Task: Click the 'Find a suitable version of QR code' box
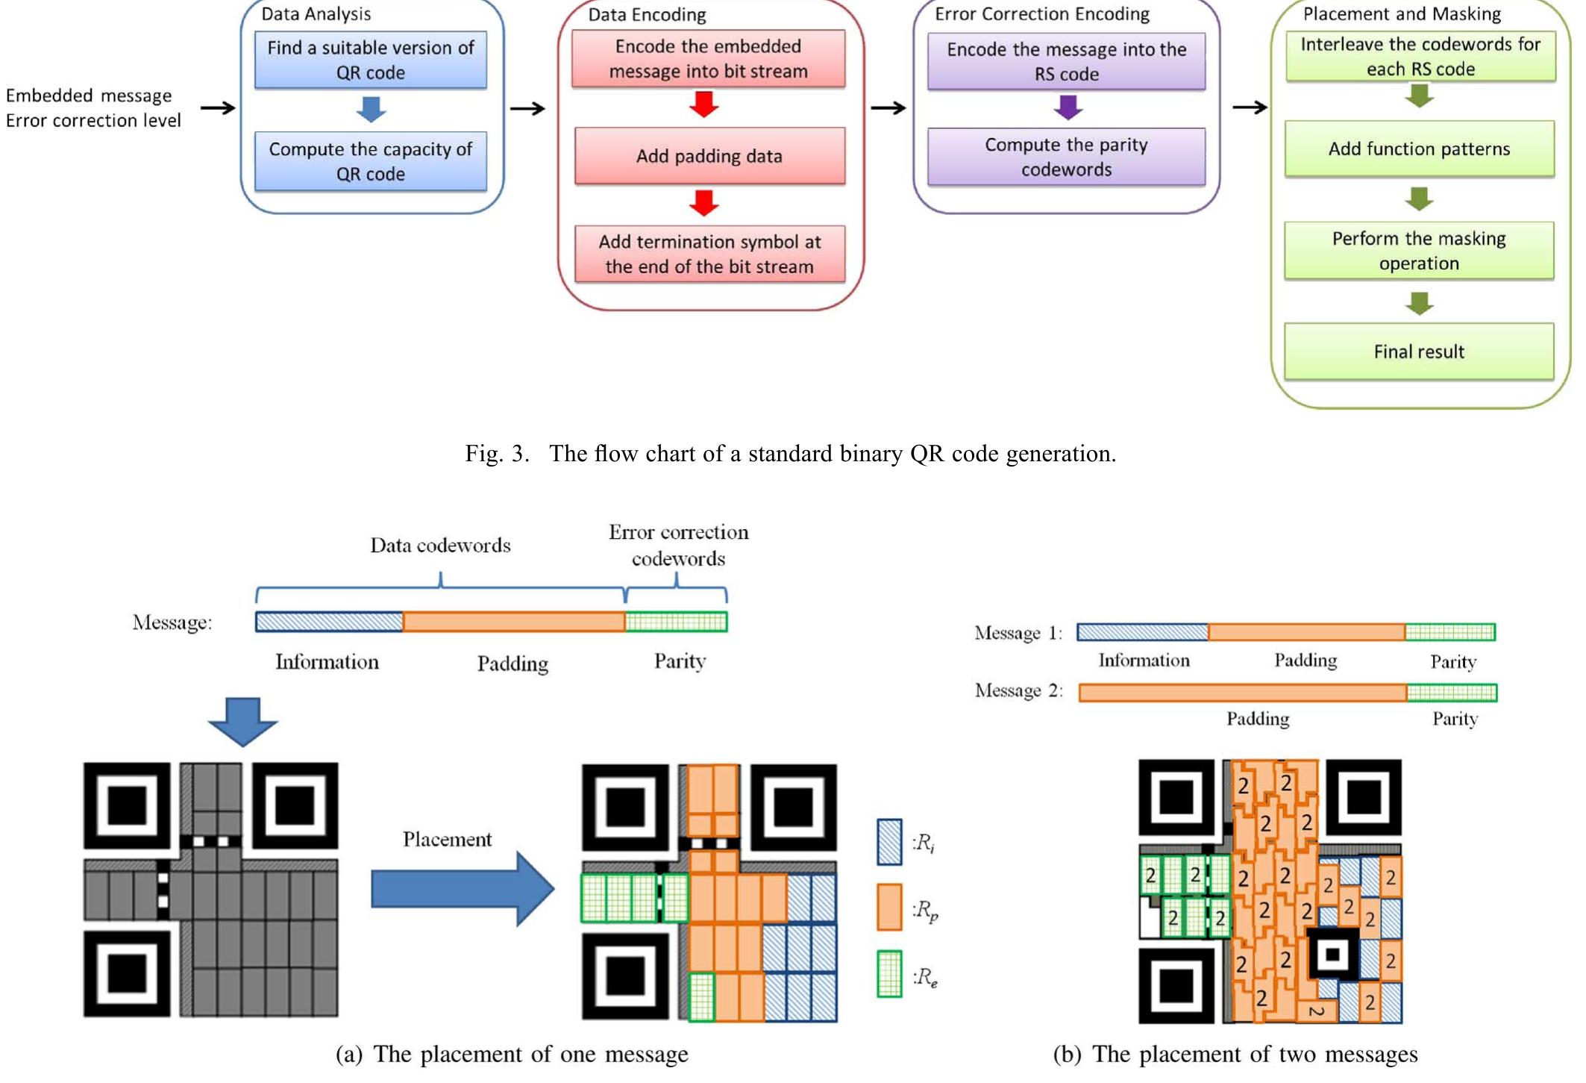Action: (x=370, y=60)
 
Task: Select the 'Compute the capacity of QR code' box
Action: (x=370, y=161)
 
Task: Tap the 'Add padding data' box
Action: (x=709, y=156)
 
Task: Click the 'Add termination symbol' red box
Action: (x=709, y=254)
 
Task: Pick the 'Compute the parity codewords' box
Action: (x=1066, y=157)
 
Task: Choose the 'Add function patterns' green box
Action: (x=1419, y=149)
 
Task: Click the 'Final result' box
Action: (x=1419, y=352)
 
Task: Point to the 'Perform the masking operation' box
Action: (x=1419, y=251)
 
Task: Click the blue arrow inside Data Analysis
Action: (x=371, y=110)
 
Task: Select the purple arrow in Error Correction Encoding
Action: (x=1068, y=107)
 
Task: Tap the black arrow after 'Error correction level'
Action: (x=218, y=108)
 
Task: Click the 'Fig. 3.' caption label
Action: (x=497, y=454)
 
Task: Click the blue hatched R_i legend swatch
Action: (x=889, y=843)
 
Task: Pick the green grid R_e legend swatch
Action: (x=889, y=974)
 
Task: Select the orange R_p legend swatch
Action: (x=889, y=908)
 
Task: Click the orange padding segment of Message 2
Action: (x=1242, y=693)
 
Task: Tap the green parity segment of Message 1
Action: (x=1449, y=633)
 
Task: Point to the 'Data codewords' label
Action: (x=440, y=546)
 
